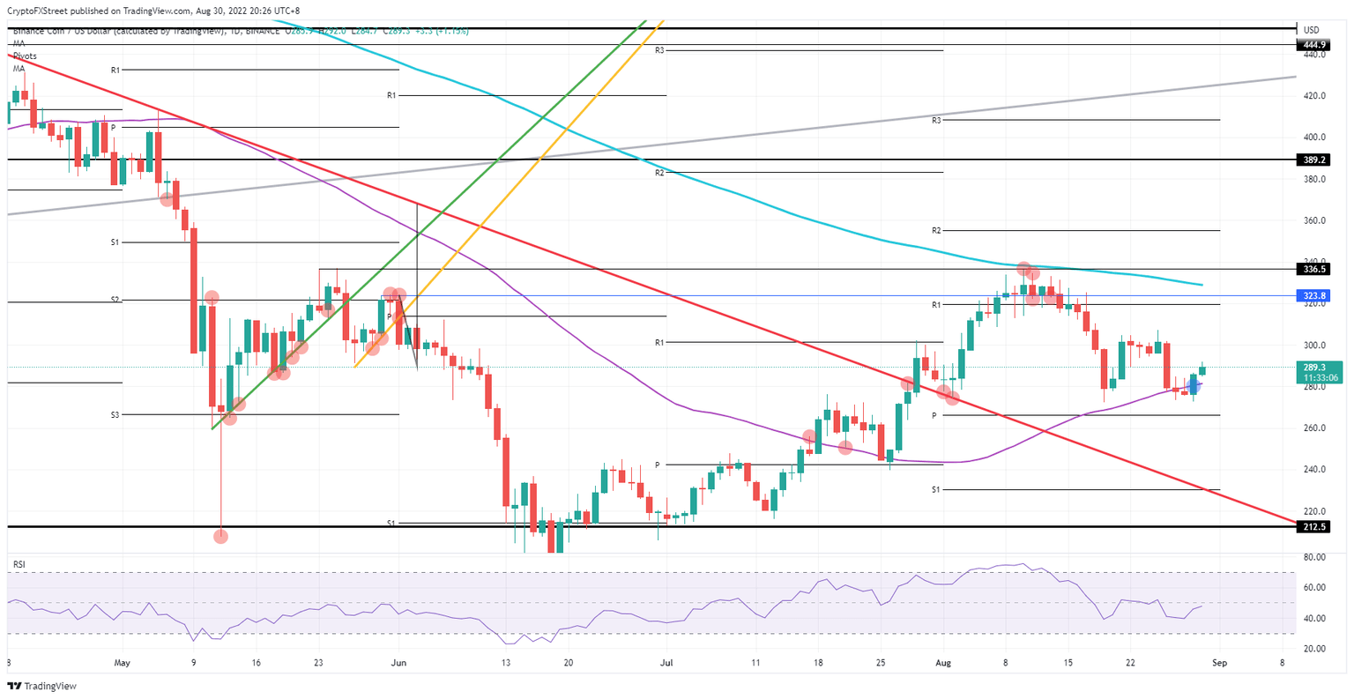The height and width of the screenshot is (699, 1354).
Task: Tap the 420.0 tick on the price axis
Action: pos(1314,96)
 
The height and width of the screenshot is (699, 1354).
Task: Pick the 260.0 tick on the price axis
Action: pos(1314,428)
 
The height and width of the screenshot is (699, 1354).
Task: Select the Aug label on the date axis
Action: pos(943,661)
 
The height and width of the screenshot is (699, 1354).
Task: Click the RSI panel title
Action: pos(19,564)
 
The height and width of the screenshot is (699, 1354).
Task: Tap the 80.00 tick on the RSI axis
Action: pos(1314,557)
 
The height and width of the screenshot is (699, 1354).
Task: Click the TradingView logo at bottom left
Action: pos(42,686)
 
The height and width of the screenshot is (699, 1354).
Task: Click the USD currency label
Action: pos(1311,30)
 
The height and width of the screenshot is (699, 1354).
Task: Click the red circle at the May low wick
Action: pos(220,537)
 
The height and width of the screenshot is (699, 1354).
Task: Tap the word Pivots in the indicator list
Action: pos(25,56)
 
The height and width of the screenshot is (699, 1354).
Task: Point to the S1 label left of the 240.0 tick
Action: pos(936,489)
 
